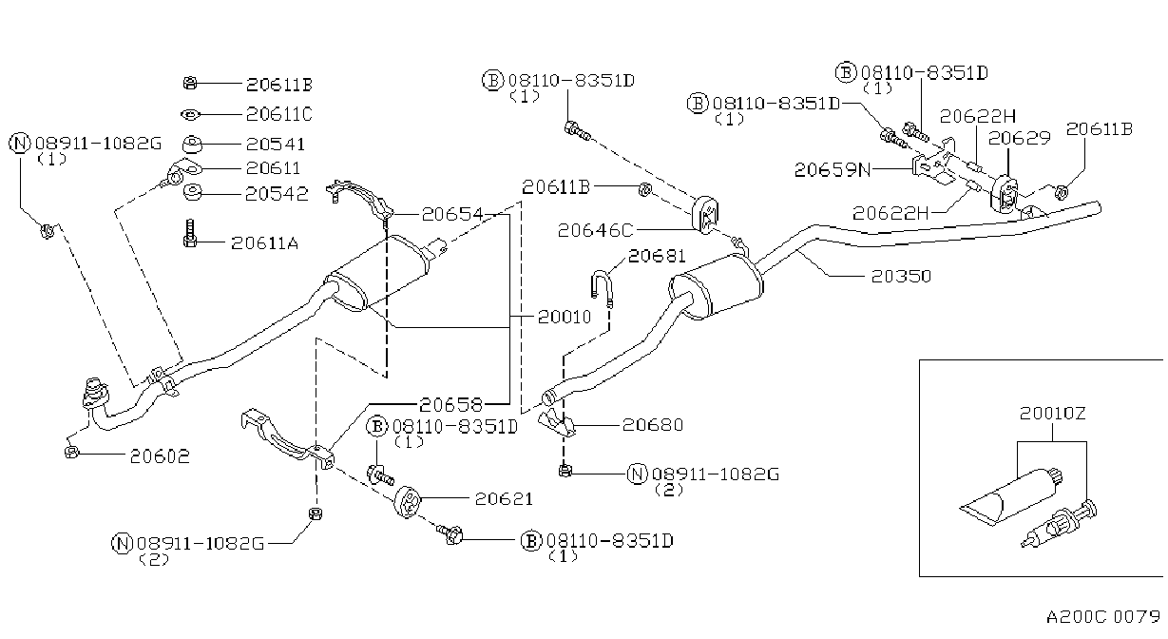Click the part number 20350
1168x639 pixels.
pyautogui.click(x=901, y=276)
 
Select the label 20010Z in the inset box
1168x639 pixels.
pyautogui.click(x=1052, y=414)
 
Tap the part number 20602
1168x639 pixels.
pyautogui.click(x=160, y=456)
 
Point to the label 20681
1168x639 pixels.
pyautogui.click(x=657, y=256)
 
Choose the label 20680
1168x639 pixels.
pyautogui.click(x=653, y=425)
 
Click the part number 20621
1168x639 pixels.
pyautogui.click(x=504, y=499)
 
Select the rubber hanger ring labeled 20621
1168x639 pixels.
pyautogui.click(x=407, y=502)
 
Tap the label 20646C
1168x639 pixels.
pyautogui.click(x=596, y=230)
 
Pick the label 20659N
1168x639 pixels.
pyautogui.click(x=833, y=169)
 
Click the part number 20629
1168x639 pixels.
pyautogui.click(x=1020, y=138)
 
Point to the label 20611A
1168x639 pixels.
pyautogui.click(x=264, y=243)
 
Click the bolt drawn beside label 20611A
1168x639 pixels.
pyautogui.click(x=190, y=233)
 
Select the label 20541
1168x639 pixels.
pyautogui.click(x=276, y=144)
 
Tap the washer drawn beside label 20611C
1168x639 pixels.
pyautogui.click(x=190, y=114)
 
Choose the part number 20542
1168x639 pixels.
pyautogui.click(x=277, y=194)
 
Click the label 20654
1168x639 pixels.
pyautogui.click(x=452, y=214)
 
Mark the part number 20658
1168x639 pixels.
pyautogui.click(x=451, y=404)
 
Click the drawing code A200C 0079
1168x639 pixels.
pyautogui.click(x=1103, y=617)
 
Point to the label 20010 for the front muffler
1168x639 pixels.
pyautogui.click(x=565, y=317)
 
